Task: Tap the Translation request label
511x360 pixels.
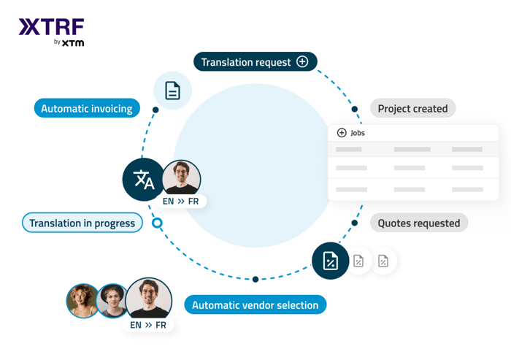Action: tap(245, 62)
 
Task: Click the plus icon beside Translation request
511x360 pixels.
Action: tap(302, 62)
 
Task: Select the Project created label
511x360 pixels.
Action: tap(412, 109)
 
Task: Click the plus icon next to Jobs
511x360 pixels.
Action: tap(342, 133)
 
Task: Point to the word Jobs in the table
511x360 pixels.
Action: tap(358, 133)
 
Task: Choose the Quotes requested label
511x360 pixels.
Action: tap(418, 223)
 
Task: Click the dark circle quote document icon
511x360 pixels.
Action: tap(330, 261)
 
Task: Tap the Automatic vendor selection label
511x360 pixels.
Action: tap(255, 305)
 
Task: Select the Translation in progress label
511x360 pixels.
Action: tap(82, 223)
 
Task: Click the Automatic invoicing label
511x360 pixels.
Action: tap(87, 109)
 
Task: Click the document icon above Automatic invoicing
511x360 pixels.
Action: tap(172, 91)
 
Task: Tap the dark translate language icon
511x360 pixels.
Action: tap(144, 180)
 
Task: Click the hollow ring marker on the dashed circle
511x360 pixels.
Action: tap(157, 223)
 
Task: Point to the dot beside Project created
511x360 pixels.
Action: tap(355, 110)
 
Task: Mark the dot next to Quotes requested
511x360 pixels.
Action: tap(355, 223)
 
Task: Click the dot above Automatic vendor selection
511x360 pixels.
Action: tap(255, 279)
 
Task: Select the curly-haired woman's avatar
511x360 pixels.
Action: tap(82, 300)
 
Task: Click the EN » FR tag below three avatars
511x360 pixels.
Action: tap(148, 325)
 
